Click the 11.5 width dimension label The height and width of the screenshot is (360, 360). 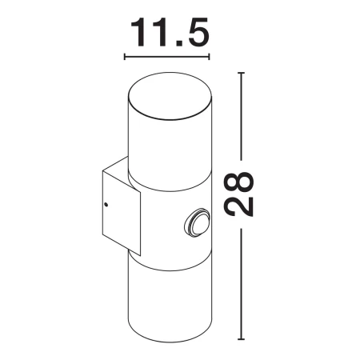(x=170, y=32)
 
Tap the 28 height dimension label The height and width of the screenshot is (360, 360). (x=238, y=194)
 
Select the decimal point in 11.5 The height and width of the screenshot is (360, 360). (x=176, y=44)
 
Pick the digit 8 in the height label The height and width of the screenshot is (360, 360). (x=238, y=182)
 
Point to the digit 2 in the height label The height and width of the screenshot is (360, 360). (x=238, y=206)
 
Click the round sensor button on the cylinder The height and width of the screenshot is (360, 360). (x=198, y=222)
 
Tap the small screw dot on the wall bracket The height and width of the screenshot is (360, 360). (x=106, y=205)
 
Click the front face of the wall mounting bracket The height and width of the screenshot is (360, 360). (x=122, y=213)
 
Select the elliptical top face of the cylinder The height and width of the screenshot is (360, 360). (x=170, y=95)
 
